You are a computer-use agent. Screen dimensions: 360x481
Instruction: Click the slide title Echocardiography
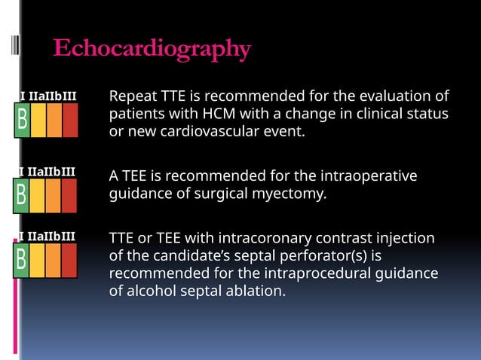152,49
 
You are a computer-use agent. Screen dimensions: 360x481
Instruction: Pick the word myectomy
295,193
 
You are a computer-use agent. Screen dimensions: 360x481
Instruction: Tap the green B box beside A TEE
23,195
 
